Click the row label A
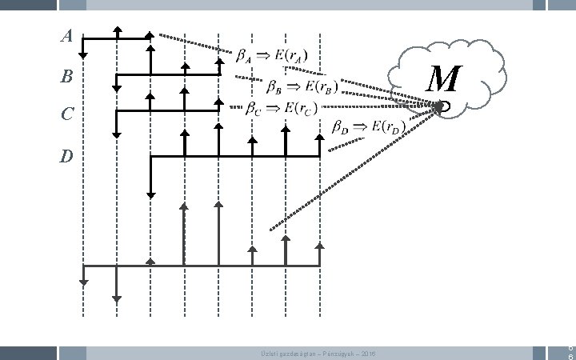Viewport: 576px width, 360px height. tap(67, 36)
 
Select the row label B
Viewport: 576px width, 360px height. tap(66, 78)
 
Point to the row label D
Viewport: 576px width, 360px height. tap(66, 156)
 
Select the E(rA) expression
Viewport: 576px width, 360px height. tap(290, 56)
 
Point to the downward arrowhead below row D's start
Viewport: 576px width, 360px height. tap(150, 194)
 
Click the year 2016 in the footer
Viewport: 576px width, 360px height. tap(367, 354)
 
